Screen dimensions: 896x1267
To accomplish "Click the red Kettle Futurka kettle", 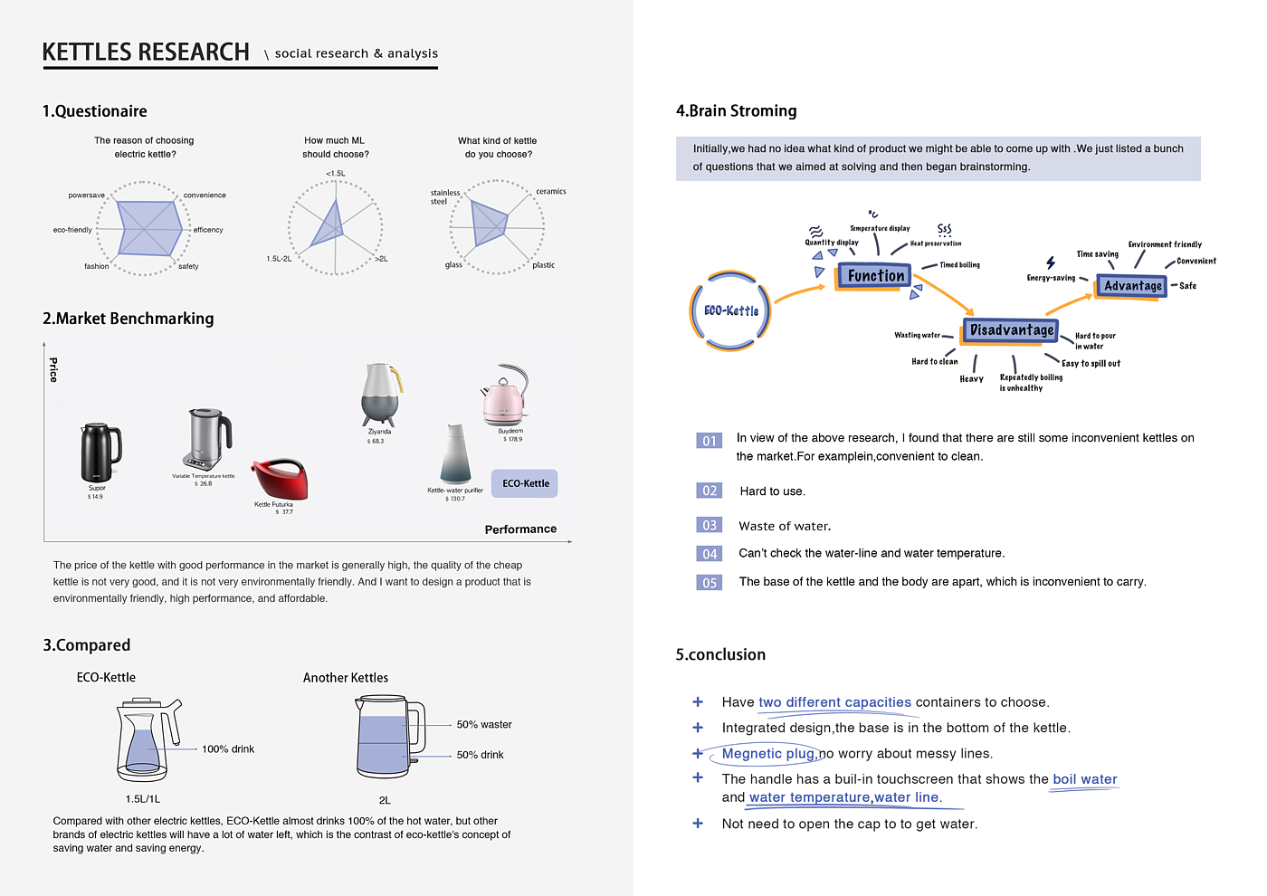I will point(280,479).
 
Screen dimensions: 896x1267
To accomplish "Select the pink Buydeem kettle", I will point(503,397).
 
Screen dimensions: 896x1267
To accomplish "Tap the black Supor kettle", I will point(100,453).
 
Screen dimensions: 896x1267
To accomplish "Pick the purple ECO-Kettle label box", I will point(525,483).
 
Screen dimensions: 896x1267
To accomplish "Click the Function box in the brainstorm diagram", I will point(875,275).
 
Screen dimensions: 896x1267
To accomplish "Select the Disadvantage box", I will point(1011,330).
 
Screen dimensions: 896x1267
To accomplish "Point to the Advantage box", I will point(1132,286).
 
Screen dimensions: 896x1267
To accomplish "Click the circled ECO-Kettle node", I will point(730,310).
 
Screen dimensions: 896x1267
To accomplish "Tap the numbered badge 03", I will point(710,525).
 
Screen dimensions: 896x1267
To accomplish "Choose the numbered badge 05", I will point(710,583).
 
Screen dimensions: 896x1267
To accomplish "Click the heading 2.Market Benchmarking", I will point(129,319).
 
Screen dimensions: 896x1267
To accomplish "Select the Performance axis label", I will point(520,529).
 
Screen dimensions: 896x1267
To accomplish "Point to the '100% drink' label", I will point(228,749).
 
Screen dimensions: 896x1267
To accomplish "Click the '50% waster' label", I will point(484,725).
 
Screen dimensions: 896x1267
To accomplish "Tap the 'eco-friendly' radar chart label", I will point(72,230).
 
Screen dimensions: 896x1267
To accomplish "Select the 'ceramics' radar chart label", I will point(551,192).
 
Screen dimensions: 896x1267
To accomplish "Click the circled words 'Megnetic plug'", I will point(768,754).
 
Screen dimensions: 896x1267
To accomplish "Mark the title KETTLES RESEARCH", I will point(146,52).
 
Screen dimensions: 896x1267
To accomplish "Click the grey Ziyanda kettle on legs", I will point(380,395).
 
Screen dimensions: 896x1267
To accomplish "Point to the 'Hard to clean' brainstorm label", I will point(934,362).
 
